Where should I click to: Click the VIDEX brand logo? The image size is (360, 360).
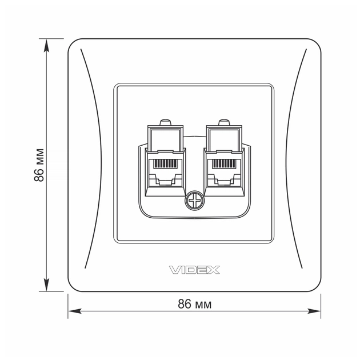(x=194, y=269)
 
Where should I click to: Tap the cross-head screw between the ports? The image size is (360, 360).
(x=194, y=201)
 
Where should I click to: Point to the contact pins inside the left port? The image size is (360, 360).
(x=165, y=162)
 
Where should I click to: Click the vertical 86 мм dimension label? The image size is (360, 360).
(x=39, y=166)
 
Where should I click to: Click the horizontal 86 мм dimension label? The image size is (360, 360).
(x=195, y=304)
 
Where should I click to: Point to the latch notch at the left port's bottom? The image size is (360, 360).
(x=165, y=182)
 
